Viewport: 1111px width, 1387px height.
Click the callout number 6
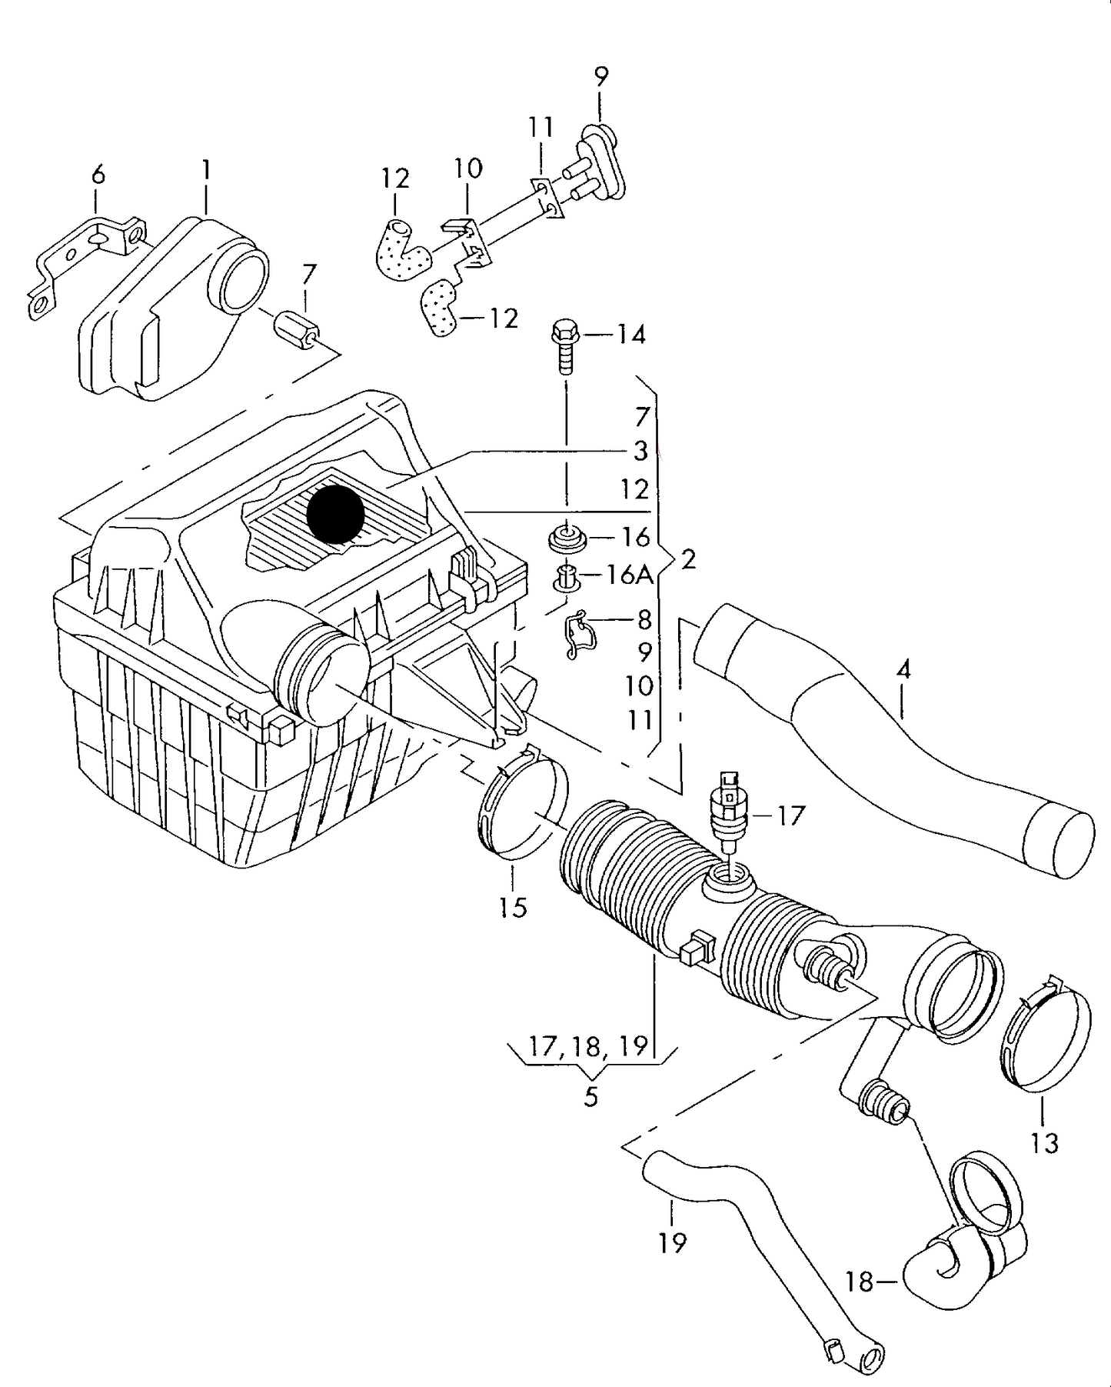[x=98, y=176]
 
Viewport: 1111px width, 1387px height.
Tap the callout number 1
[x=206, y=170]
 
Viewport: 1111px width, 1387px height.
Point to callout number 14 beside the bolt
[x=631, y=335]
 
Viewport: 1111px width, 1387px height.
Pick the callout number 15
[x=513, y=908]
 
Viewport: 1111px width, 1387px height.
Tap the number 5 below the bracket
[x=590, y=1096]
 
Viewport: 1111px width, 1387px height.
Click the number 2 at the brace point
[x=688, y=559]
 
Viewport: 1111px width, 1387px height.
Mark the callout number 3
[x=640, y=451]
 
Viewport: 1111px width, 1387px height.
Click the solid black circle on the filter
[x=335, y=515]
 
